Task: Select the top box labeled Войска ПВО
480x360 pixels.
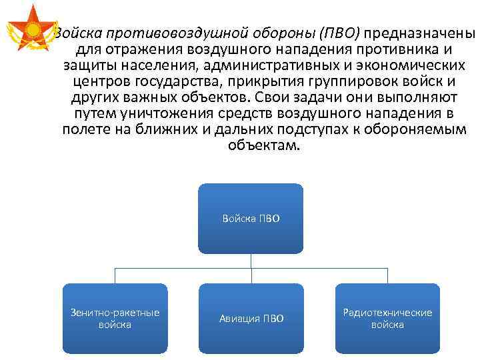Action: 251,219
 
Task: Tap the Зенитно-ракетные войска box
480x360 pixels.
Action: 115,318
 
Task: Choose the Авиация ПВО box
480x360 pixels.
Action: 251,318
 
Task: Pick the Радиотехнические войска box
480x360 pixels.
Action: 387,318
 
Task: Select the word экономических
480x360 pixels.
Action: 410,65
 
